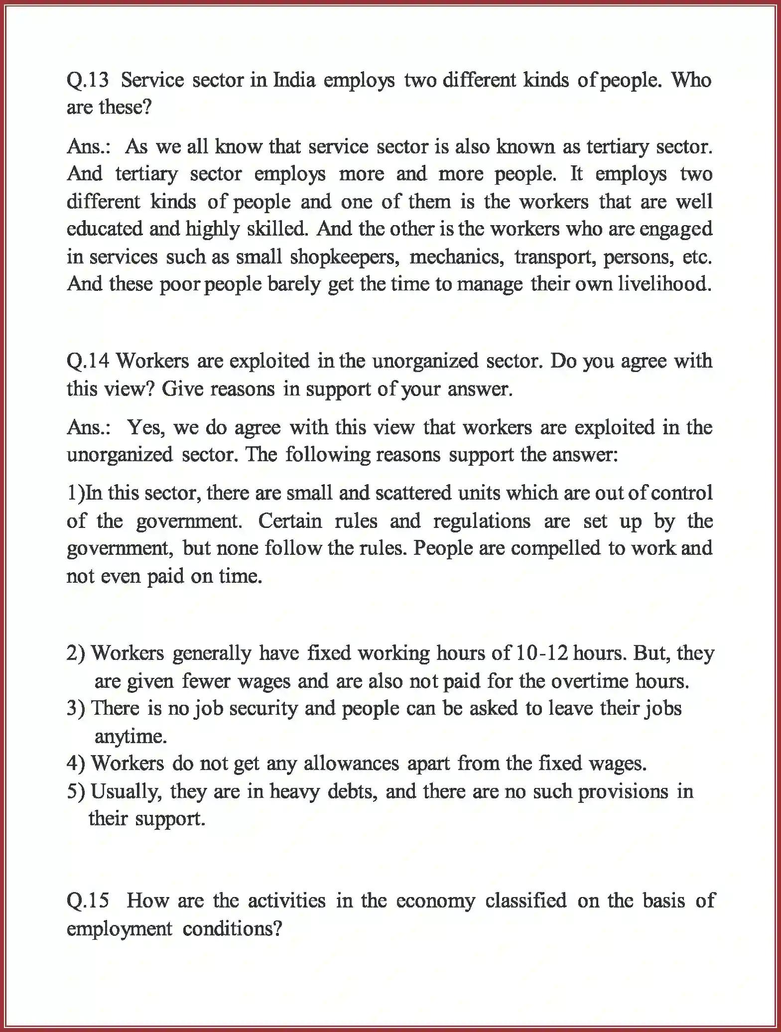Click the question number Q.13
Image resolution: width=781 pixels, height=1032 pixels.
[88, 80]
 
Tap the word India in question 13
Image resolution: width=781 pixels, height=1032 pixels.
[294, 80]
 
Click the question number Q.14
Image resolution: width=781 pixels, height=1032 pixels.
[88, 361]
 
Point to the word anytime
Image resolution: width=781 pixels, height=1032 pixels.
[130, 736]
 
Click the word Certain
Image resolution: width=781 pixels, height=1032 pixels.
[290, 521]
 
